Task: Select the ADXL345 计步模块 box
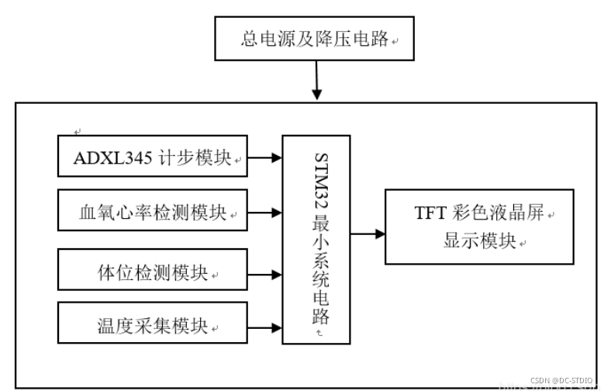click(x=153, y=157)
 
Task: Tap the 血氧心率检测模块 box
click(x=153, y=210)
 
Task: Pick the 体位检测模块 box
click(x=153, y=270)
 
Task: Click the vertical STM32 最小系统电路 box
click(x=316, y=239)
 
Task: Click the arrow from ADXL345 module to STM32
click(x=264, y=157)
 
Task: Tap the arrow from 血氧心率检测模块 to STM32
click(x=264, y=211)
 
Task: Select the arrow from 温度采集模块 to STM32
click(x=264, y=328)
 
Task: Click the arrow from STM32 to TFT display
click(x=368, y=233)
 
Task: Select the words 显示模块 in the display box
click(x=479, y=241)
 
